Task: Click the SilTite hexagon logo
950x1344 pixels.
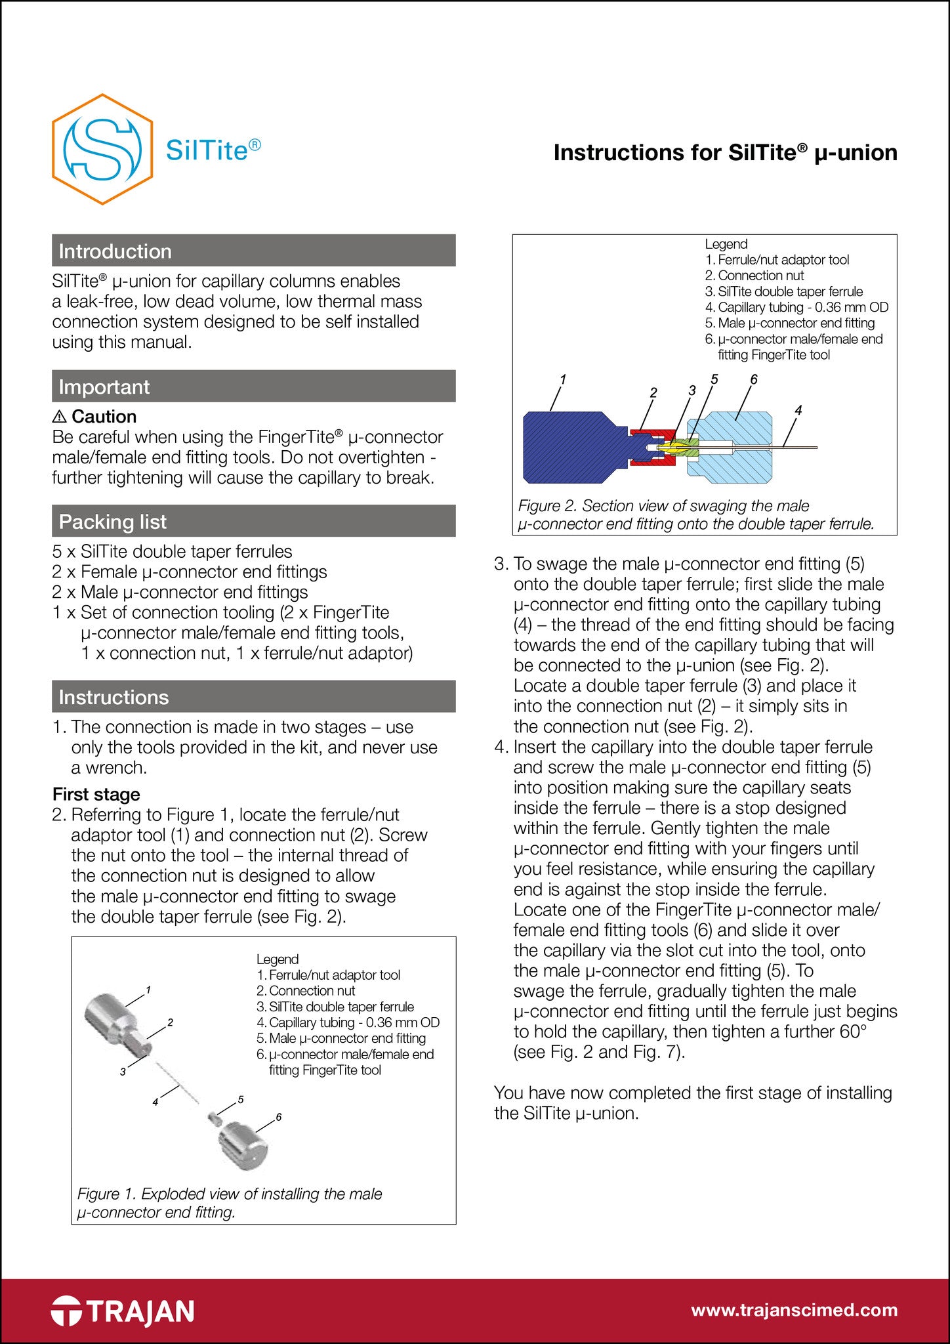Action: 102,149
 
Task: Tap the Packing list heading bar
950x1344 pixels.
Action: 253,521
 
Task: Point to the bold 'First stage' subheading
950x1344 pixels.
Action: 96,794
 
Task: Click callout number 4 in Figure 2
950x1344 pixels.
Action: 798,411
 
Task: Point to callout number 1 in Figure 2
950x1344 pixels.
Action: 563,379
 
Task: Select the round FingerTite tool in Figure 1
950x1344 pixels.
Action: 242,1144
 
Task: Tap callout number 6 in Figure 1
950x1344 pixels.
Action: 279,1117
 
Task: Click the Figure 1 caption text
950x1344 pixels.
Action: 230,1203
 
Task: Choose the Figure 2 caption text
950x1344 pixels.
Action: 695,514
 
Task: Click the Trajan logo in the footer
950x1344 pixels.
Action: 123,1311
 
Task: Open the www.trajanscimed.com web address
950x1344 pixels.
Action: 794,1311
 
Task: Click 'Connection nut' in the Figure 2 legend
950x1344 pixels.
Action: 760,276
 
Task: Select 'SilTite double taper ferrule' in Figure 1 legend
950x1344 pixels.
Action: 341,1007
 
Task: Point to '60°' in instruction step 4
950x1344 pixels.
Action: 853,1032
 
